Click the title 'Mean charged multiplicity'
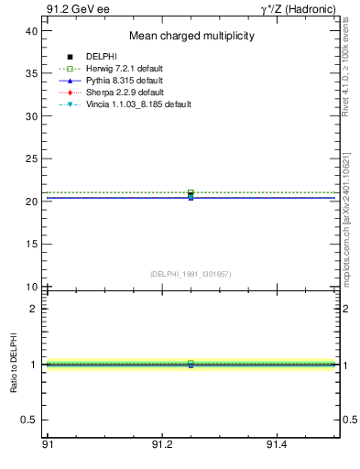191,37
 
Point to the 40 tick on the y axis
31,31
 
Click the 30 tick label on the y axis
31,116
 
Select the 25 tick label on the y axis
31,159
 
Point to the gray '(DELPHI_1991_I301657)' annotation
191,274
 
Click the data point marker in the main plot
191,194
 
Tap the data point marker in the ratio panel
191,365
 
